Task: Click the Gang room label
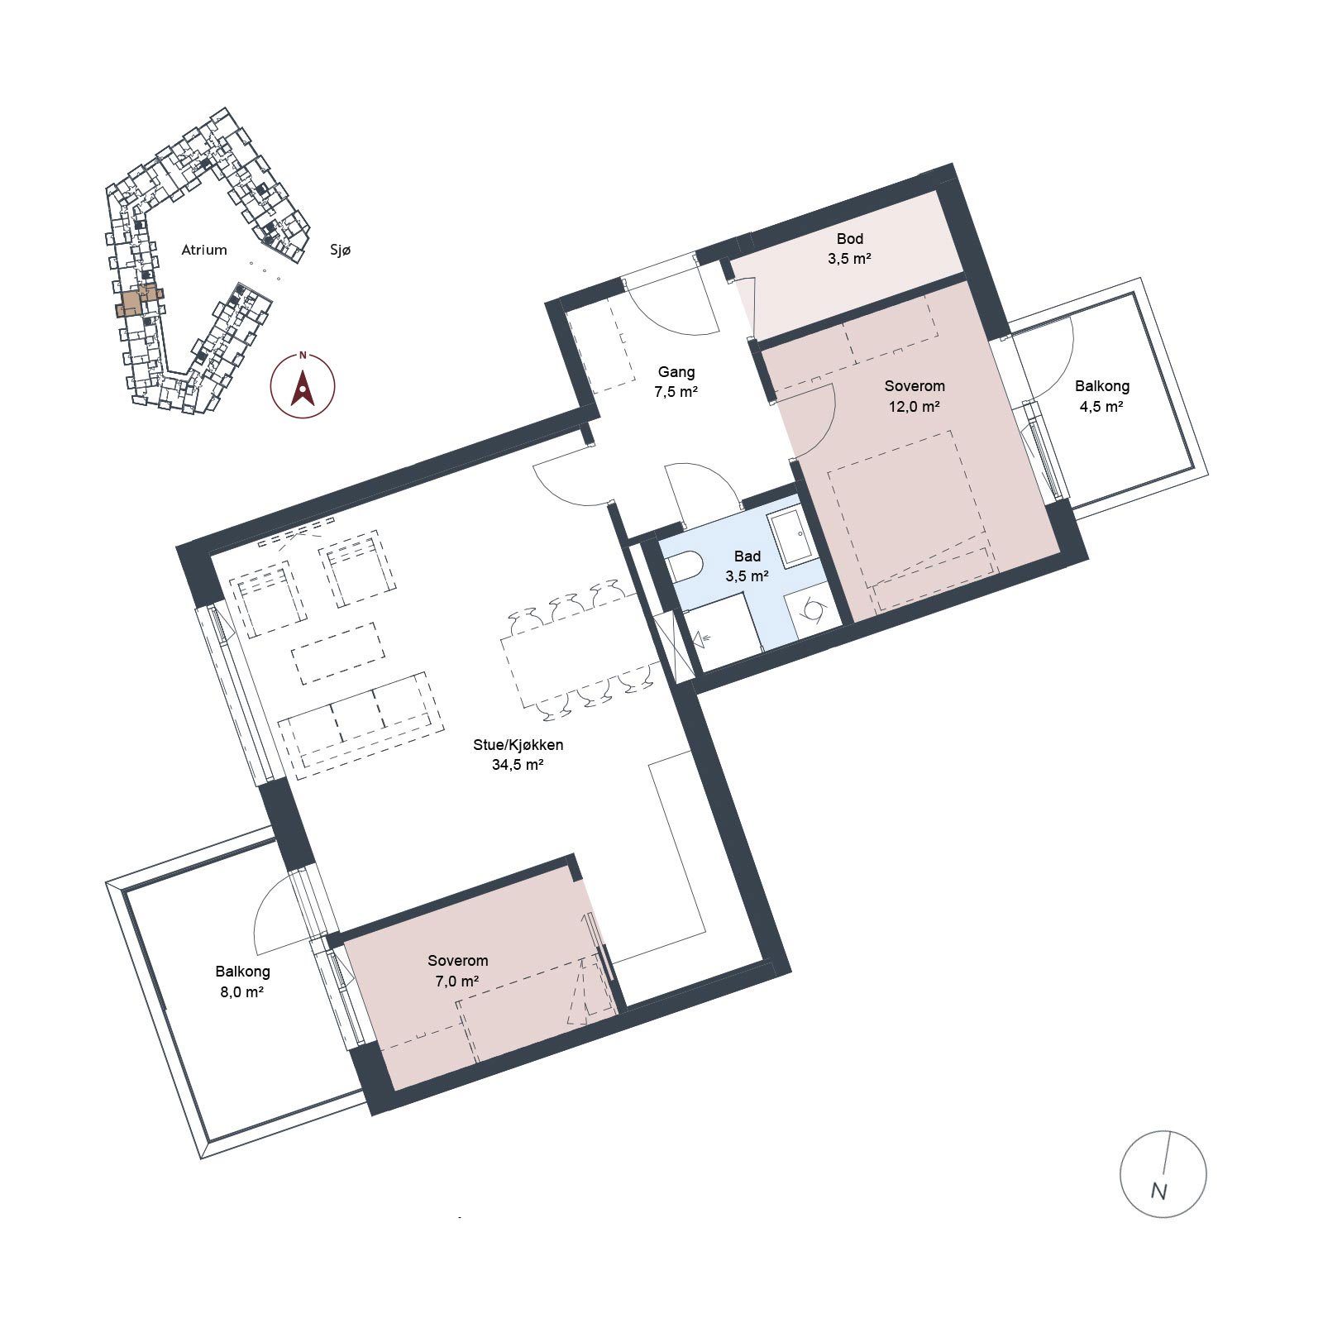tap(676, 372)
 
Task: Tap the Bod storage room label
tap(850, 239)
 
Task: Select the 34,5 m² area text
tap(518, 765)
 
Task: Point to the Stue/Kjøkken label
tap(518, 745)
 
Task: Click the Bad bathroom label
tap(747, 556)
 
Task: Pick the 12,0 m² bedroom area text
tap(915, 407)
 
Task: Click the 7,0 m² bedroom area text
tap(458, 982)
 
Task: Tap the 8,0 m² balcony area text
tap(242, 992)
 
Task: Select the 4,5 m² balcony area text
tap(1101, 407)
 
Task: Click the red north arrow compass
tap(303, 385)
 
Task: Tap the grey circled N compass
tap(1163, 1174)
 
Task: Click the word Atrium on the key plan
tap(204, 250)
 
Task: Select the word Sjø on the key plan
tap(341, 250)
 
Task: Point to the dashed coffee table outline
tap(339, 653)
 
